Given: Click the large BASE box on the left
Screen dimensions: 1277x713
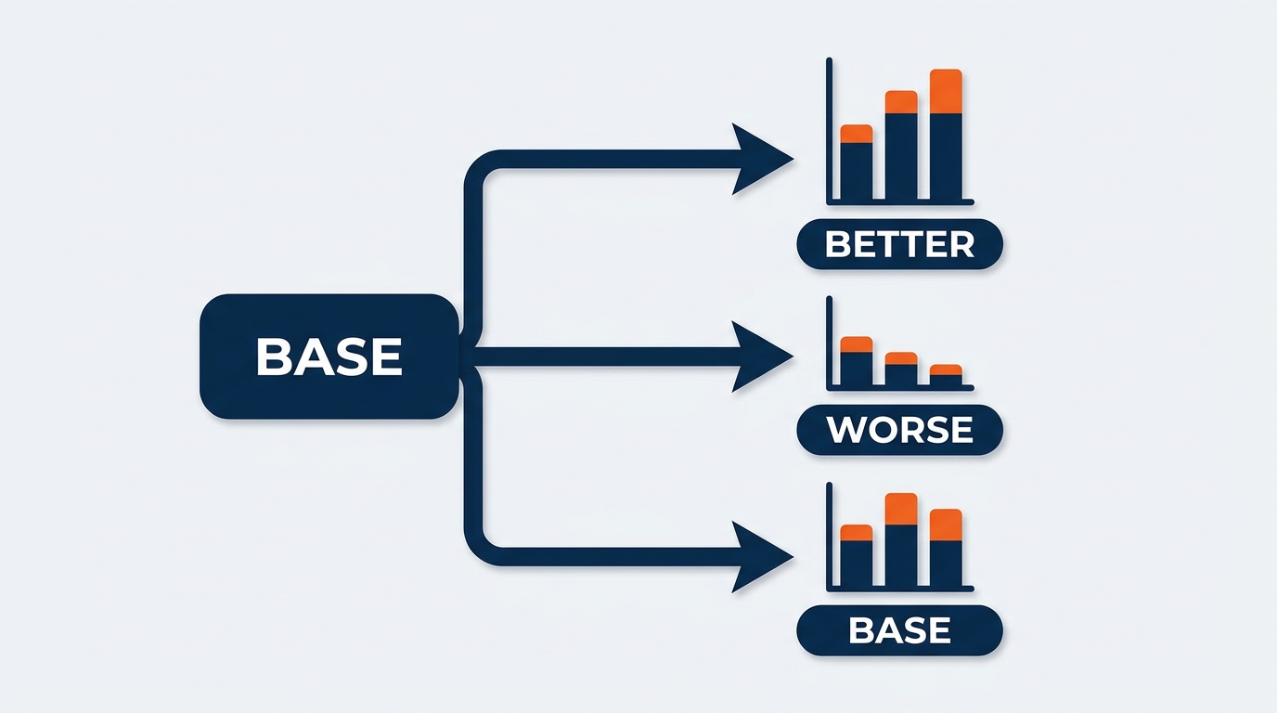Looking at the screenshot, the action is click(329, 356).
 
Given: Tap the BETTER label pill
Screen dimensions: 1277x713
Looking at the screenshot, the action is click(899, 244).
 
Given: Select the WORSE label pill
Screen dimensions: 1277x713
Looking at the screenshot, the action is click(899, 430).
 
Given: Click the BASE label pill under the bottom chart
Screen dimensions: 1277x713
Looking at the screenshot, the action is click(899, 630).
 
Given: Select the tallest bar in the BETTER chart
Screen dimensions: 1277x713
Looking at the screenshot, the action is click(946, 134).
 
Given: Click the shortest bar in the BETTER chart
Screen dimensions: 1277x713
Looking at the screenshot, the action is click(857, 162).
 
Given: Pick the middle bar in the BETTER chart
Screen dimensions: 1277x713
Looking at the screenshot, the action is click(901, 145).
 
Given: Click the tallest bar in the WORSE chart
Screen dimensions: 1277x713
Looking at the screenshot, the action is click(857, 361).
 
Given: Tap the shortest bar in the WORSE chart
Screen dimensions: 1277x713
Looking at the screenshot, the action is click(946, 375).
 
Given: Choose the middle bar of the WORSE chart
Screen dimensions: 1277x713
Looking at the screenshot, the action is click(901, 369).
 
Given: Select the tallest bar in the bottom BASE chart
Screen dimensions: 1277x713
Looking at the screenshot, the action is click(901, 539).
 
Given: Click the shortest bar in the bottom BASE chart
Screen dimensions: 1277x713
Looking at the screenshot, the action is click(857, 555).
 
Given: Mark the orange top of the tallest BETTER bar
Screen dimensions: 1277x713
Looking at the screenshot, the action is click(946, 91).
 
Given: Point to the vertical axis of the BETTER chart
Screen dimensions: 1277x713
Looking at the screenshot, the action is click(830, 130).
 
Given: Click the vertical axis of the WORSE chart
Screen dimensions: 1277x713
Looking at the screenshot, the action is click(830, 343).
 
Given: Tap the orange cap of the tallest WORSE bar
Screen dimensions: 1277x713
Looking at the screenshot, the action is click(857, 344).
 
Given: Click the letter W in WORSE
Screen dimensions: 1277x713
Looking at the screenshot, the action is click(845, 430).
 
